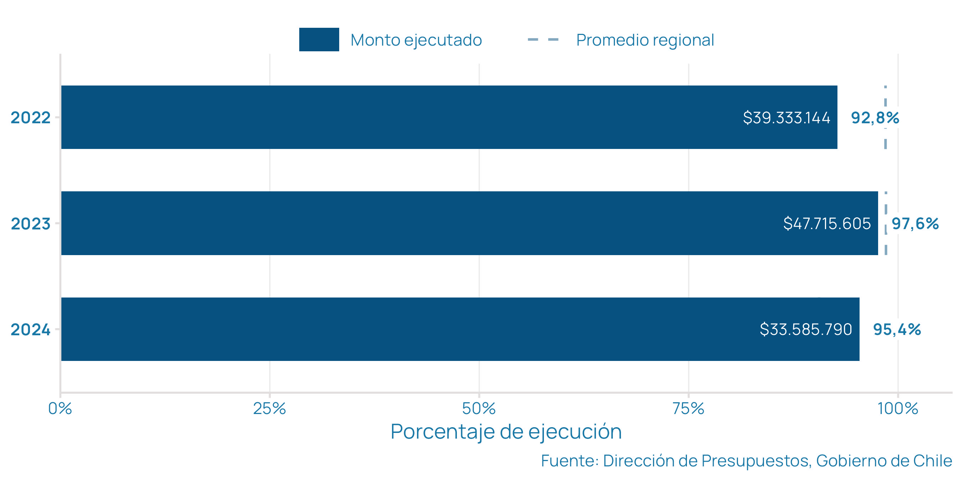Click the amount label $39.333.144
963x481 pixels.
point(786,118)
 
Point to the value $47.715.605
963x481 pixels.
point(827,223)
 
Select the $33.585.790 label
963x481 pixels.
point(806,329)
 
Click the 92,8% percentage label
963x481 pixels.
point(875,118)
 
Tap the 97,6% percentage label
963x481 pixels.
point(915,223)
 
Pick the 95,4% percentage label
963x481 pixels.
point(897,329)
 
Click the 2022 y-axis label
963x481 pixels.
point(31,118)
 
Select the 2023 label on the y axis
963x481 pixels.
point(31,224)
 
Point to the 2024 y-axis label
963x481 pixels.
point(31,329)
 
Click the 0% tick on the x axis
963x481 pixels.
point(60,409)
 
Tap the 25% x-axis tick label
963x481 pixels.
point(270,409)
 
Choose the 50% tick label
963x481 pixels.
point(479,409)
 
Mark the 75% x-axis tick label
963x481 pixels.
point(688,409)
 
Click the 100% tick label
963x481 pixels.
point(898,409)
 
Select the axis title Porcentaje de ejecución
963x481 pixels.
point(506,432)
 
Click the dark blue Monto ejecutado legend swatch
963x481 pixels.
point(319,40)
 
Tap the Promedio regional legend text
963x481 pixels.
point(645,40)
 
